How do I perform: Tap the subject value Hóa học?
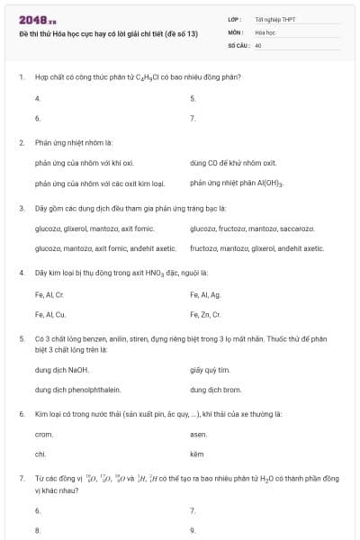point(264,31)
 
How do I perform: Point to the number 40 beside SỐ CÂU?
point(257,44)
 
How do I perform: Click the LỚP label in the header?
point(234,19)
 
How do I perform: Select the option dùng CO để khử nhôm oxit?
point(233,163)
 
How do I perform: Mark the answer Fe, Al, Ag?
point(208,294)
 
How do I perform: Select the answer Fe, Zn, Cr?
point(208,315)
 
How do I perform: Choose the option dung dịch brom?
point(215,391)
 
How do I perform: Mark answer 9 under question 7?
point(193,531)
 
